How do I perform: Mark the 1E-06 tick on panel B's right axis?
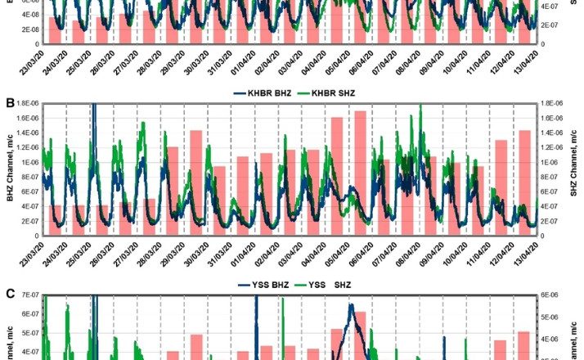pyautogui.click(x=546, y=162)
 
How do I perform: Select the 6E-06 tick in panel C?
pyautogui.click(x=546, y=295)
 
